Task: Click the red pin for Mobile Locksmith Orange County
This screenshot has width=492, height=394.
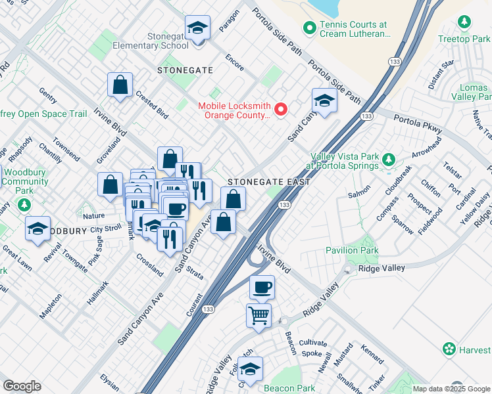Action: click(x=282, y=110)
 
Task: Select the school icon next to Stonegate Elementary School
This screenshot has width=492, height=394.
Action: click(x=196, y=28)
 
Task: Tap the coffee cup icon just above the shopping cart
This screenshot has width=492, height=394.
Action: click(x=262, y=287)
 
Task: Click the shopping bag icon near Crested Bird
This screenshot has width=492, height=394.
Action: click(x=120, y=84)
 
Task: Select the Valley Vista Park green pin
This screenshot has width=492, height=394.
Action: click(x=389, y=160)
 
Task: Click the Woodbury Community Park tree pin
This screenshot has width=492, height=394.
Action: click(x=25, y=206)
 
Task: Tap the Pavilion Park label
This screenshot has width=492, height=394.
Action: click(x=352, y=250)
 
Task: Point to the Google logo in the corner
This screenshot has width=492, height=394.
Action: click(x=22, y=386)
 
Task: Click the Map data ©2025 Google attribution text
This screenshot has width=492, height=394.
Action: click(x=452, y=389)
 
